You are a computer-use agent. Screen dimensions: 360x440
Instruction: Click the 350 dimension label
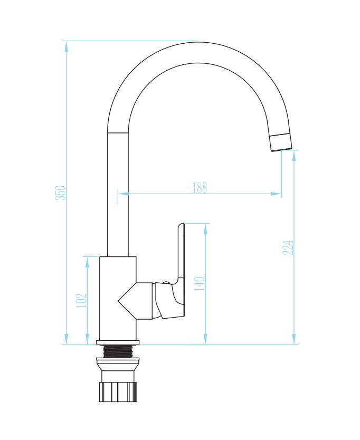pyautogui.click(x=61, y=193)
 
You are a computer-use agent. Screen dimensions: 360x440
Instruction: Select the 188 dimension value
pyautogui.click(x=200, y=187)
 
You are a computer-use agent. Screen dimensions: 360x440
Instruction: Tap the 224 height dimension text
pyautogui.click(x=288, y=247)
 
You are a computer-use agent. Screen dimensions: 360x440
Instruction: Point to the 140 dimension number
pyautogui.click(x=200, y=284)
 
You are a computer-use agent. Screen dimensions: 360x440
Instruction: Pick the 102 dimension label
pyautogui.click(x=81, y=300)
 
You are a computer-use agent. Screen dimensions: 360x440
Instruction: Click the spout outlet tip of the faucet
pyautogui.click(x=281, y=143)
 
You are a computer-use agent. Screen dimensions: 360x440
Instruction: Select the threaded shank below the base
pyautogui.click(x=118, y=351)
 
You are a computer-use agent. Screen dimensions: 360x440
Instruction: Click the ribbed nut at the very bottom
pyautogui.click(x=118, y=391)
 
